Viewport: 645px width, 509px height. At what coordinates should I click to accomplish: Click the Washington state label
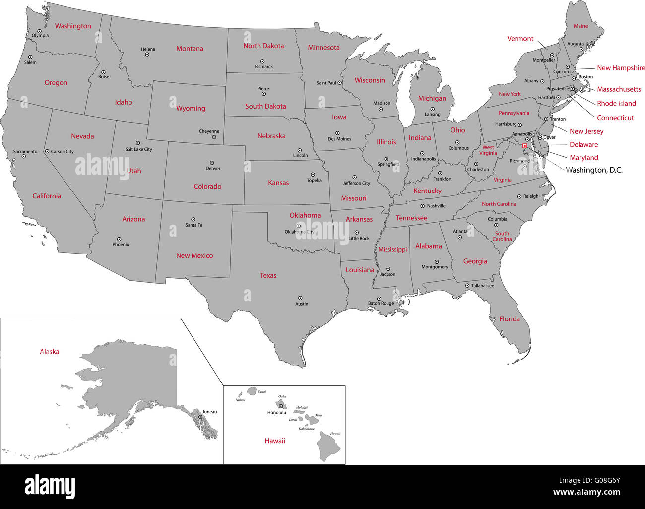[73, 26]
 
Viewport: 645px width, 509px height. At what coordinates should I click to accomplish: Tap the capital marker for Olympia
[40, 31]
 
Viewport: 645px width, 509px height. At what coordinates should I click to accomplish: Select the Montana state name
[190, 49]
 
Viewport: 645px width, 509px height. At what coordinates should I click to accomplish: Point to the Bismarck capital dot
[263, 61]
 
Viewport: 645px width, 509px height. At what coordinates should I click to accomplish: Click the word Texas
[268, 275]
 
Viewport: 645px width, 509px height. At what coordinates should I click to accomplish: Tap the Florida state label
[510, 319]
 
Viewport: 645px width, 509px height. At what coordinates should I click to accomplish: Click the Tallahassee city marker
[467, 286]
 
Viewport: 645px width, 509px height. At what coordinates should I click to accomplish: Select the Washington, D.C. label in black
[594, 170]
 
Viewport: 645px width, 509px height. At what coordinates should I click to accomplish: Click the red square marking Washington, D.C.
[525, 146]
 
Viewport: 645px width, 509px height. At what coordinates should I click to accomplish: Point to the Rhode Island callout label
[616, 104]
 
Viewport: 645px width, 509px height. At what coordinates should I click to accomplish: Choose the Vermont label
[520, 39]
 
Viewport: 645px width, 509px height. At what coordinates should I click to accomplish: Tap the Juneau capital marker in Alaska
[200, 417]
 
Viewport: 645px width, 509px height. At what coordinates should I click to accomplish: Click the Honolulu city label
[276, 413]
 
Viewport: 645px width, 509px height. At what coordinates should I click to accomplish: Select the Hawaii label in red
[275, 441]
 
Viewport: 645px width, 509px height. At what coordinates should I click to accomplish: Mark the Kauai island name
[261, 392]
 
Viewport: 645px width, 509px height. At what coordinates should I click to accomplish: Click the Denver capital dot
[212, 163]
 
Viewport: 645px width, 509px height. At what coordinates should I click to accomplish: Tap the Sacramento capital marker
[23, 157]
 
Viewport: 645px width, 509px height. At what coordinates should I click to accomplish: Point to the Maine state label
[580, 26]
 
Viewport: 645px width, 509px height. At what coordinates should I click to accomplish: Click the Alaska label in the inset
[50, 352]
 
